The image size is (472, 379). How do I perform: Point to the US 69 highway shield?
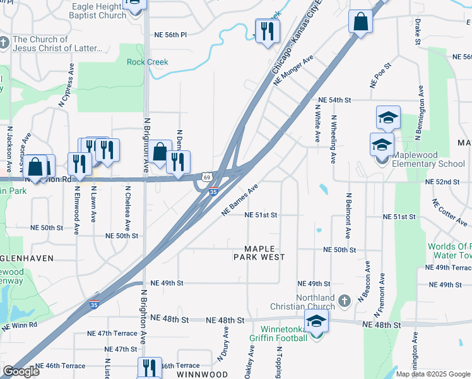(207, 179)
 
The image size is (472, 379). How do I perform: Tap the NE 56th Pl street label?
(171, 35)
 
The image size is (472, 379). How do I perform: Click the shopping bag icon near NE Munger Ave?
(360, 22)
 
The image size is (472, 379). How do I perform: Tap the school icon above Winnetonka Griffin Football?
(316, 320)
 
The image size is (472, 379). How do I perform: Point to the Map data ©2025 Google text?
(432, 374)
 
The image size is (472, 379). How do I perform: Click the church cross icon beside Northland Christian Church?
(345, 301)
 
